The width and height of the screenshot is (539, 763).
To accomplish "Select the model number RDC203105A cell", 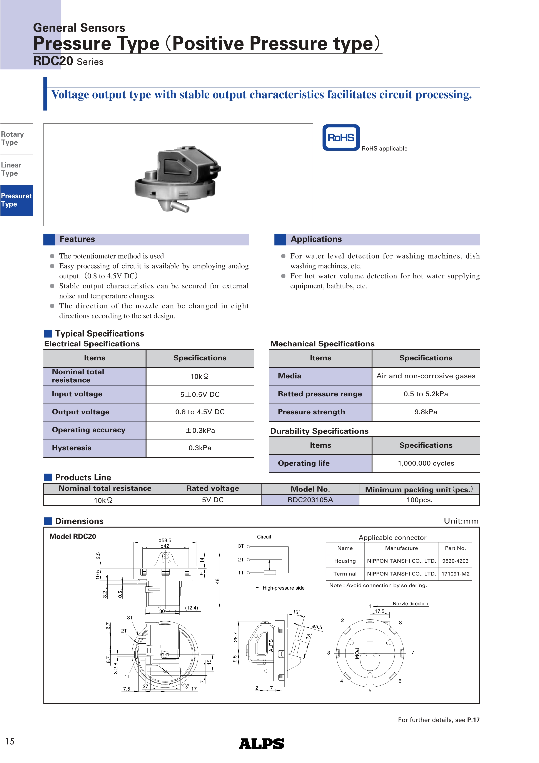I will [310, 500].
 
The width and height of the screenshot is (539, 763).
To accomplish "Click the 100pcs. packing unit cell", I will [419, 500].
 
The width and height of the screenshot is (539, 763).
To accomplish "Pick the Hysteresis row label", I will [72, 448].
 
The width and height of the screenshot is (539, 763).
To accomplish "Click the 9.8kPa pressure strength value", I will [426, 412].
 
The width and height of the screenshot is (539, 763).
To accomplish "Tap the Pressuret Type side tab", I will [16, 200].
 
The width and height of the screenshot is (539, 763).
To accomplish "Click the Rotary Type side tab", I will [13, 138].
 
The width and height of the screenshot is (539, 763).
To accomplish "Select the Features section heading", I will [77, 239].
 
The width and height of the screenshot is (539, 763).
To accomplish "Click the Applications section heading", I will [316, 239].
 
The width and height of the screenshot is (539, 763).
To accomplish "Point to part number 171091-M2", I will [455, 574].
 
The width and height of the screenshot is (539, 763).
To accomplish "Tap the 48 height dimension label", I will [217, 581].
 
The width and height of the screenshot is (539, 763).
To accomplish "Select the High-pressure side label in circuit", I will [283, 588].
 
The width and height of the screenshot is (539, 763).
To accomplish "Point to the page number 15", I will [10, 741].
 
